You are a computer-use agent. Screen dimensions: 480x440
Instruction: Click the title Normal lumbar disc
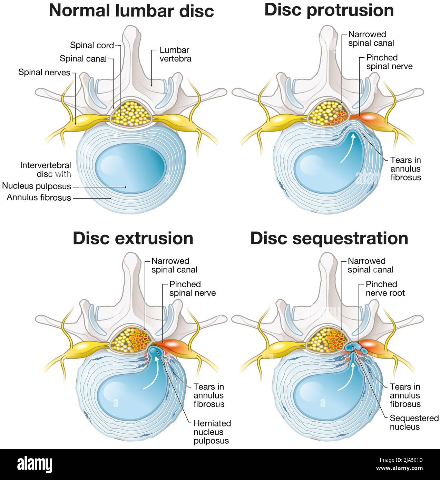[x=131, y=10]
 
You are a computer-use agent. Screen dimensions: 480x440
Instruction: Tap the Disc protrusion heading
[x=329, y=10]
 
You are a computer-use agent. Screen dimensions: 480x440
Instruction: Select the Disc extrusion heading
[x=133, y=238]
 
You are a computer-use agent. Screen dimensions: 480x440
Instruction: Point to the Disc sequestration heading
[x=329, y=238]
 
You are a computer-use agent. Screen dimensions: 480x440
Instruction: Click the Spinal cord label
[x=92, y=45]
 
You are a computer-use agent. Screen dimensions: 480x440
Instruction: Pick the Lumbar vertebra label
[x=175, y=54]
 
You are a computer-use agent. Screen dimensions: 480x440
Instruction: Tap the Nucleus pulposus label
[x=37, y=186]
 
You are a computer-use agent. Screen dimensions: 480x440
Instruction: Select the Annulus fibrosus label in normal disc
[x=39, y=198]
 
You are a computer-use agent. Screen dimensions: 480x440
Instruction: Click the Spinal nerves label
[x=44, y=72]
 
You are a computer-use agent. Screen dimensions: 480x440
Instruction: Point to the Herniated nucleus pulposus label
[x=212, y=432]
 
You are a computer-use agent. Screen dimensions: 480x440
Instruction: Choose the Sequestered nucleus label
[x=414, y=422]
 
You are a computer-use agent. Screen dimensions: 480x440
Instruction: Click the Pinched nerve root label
[x=385, y=288]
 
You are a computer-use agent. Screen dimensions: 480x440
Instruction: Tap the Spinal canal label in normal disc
[x=83, y=59]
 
